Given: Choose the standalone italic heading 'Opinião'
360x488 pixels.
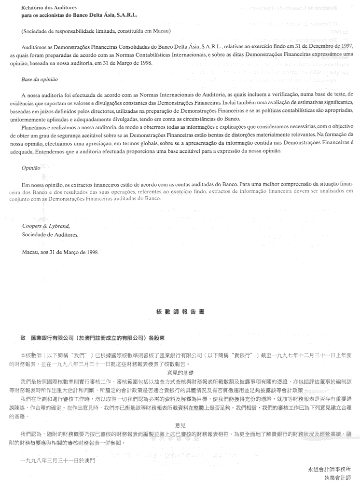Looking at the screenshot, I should (31, 169).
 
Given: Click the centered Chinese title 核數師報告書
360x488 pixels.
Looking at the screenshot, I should (180, 312).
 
